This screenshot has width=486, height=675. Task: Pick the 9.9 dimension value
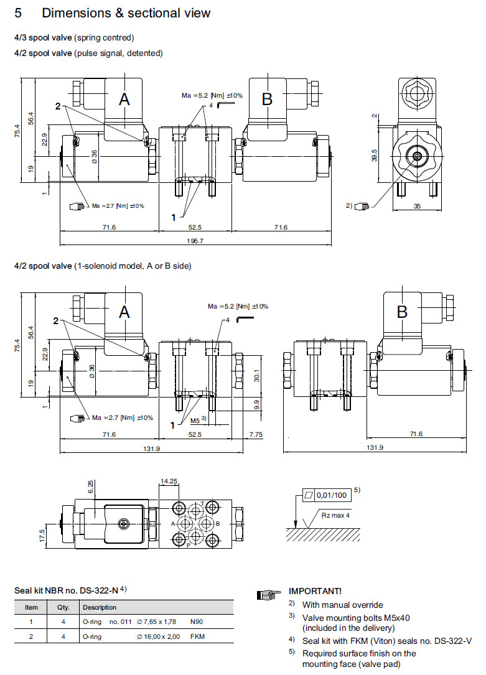255,405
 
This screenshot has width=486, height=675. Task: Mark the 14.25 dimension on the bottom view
168,482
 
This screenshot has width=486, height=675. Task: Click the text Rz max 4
335,516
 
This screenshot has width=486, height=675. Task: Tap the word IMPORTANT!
315,591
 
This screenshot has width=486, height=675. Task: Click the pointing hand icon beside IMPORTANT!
266,595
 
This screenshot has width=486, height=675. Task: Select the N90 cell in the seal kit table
197,621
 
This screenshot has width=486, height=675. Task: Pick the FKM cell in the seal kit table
198,636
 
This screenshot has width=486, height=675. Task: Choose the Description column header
99,607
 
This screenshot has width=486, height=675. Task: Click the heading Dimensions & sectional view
126,13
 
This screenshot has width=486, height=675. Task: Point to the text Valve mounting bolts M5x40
356,618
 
